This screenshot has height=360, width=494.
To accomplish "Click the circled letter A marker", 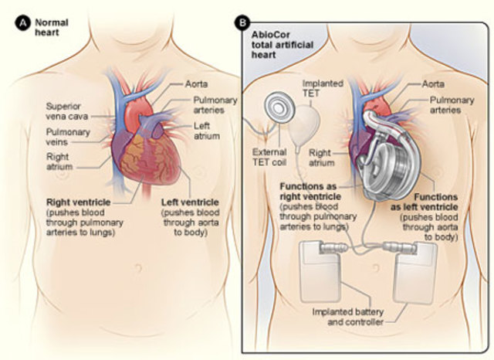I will [x=22, y=22].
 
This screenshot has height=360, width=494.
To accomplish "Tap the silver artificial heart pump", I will [x=391, y=162].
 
